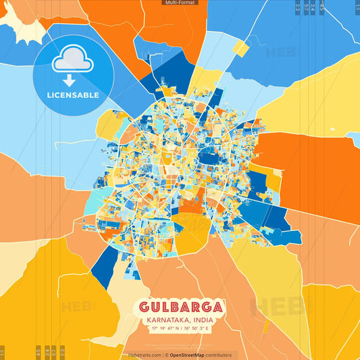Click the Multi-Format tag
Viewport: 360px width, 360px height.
point(180,3)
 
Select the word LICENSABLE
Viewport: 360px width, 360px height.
point(73,95)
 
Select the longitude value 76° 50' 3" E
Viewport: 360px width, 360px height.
point(197,328)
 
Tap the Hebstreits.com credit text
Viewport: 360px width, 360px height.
point(145,355)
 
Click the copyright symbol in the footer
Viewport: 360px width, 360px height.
point(167,355)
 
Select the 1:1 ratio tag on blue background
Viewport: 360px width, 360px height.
point(357,6)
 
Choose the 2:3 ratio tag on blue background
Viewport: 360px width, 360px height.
point(298,6)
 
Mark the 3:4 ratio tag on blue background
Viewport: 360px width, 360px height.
point(312,6)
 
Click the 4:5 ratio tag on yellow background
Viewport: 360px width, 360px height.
point(38,352)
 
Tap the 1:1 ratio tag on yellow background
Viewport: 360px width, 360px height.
point(2,352)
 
